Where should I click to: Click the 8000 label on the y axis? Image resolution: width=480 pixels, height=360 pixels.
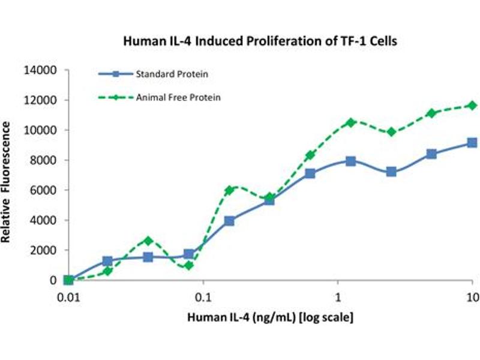pyautogui.click(x=44, y=160)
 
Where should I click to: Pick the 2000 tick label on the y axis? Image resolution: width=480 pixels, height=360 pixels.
pyautogui.click(x=44, y=250)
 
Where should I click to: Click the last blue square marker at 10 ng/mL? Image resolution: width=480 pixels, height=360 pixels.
pyautogui.click(x=472, y=143)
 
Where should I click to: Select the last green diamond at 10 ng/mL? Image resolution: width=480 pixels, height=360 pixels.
pyautogui.click(x=472, y=105)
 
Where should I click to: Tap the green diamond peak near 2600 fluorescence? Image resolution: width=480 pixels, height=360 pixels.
pyautogui.click(x=149, y=241)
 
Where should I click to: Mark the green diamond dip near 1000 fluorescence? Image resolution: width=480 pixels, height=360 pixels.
pyautogui.click(x=189, y=265)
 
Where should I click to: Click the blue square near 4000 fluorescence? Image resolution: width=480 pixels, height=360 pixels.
pyautogui.click(x=229, y=221)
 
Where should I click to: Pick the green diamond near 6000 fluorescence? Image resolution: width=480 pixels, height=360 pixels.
pyautogui.click(x=229, y=190)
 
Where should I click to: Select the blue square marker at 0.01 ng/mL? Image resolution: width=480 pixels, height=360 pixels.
pyautogui.click(x=68, y=280)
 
